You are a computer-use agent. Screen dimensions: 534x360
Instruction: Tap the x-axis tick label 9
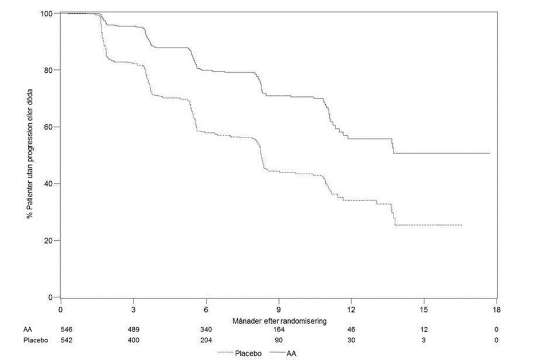279,310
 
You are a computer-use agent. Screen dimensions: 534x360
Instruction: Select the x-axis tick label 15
424,310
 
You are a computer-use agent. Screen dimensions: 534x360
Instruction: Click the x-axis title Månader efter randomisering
279,321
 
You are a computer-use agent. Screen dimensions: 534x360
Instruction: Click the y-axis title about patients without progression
30,154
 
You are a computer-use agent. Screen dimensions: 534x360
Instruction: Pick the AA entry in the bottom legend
283,354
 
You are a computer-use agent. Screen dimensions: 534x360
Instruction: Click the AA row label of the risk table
28,330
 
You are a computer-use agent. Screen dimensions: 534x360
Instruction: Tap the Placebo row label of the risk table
36,340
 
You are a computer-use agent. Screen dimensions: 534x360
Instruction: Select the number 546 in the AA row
67,330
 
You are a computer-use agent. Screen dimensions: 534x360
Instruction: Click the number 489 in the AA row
134,330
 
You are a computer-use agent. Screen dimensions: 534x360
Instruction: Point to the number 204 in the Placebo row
206,340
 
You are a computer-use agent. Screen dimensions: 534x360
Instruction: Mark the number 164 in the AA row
279,330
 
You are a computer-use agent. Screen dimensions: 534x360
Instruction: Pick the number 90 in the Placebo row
279,340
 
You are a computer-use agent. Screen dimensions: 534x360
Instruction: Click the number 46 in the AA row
351,330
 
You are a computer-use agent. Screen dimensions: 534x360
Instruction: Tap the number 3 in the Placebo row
424,340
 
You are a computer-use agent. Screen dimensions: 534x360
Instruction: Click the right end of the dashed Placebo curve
462,225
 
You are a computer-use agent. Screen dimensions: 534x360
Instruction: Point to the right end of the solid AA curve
490,154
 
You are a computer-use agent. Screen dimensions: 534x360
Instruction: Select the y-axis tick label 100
46,14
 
